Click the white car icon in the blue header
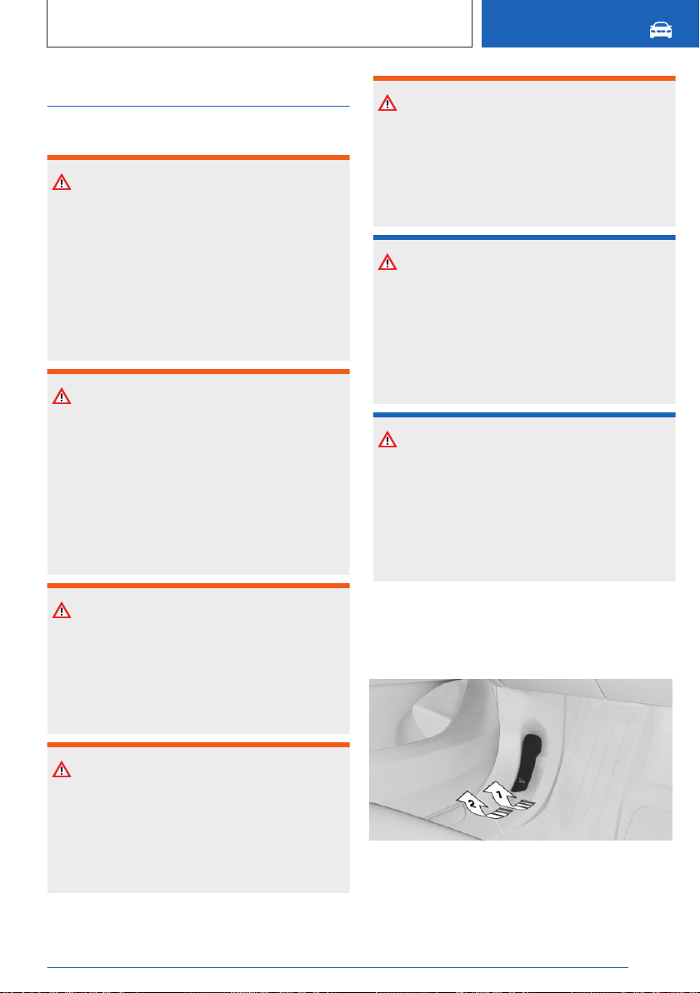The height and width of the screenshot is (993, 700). point(661,30)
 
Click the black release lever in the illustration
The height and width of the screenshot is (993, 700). point(527,764)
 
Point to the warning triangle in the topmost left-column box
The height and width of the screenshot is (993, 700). point(62,182)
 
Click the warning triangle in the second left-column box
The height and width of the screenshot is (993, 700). point(62,397)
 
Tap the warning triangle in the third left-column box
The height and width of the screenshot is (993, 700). point(62,611)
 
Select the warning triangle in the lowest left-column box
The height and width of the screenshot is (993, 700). point(62,770)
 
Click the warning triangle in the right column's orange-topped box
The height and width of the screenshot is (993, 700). point(387,103)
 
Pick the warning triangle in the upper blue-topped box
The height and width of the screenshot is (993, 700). point(387,262)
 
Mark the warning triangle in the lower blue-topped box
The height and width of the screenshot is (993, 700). point(387,440)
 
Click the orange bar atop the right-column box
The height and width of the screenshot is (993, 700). point(524,78)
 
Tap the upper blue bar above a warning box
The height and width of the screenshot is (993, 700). point(524,237)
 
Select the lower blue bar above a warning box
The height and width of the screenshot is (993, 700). point(524,415)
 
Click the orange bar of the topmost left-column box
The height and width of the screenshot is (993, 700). point(198,157)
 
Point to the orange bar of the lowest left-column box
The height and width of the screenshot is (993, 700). point(198,745)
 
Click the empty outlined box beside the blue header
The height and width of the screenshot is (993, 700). point(260,23)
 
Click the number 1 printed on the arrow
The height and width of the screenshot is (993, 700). point(498,794)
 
